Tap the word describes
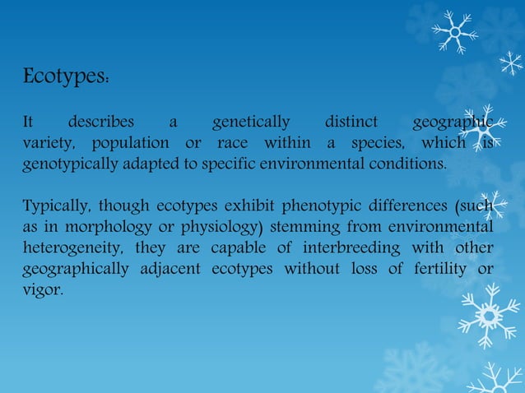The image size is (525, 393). [x=100, y=123]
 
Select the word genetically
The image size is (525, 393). [x=251, y=123]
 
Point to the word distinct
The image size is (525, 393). [x=351, y=123]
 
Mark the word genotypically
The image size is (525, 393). [x=70, y=165]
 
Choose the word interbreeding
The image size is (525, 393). [x=331, y=248]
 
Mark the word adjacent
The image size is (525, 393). [x=174, y=269]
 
